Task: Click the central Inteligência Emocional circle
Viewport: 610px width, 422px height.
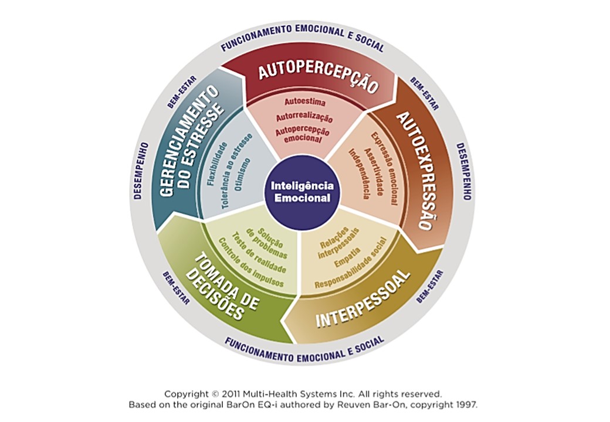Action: point(302,192)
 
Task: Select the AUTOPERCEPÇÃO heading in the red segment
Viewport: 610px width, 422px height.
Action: point(318,76)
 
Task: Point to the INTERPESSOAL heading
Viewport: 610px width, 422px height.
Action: point(363,298)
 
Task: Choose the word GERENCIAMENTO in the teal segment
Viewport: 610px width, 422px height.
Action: point(186,141)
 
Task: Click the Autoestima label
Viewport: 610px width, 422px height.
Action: point(305,102)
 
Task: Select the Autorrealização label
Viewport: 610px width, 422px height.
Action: point(304,117)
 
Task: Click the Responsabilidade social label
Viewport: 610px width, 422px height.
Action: point(351,263)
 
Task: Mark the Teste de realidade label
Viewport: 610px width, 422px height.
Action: point(259,253)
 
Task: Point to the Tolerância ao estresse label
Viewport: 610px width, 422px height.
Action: point(237,171)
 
